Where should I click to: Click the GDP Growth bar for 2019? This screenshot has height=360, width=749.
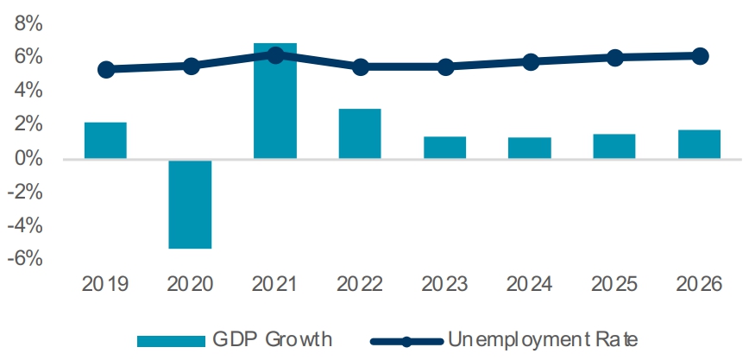pyautogui.click(x=105, y=141)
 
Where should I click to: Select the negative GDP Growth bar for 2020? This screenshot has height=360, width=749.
pyautogui.click(x=190, y=204)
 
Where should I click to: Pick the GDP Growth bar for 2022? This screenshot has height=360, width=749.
pyautogui.click(x=360, y=134)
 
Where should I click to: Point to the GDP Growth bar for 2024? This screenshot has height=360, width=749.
pyautogui.click(x=530, y=148)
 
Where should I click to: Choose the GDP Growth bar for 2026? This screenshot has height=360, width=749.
pyautogui.click(x=699, y=144)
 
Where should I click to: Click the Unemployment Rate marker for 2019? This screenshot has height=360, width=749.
pyautogui.click(x=106, y=70)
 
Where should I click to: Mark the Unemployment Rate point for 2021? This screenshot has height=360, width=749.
pyautogui.click(x=275, y=55)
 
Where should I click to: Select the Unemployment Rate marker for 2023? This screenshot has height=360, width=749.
pyautogui.click(x=445, y=66)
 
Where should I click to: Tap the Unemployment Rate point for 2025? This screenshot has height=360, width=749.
pyautogui.click(x=614, y=58)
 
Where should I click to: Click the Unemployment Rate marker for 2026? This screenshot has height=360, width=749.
pyautogui.click(x=700, y=56)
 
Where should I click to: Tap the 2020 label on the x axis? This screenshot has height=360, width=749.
pyautogui.click(x=190, y=284)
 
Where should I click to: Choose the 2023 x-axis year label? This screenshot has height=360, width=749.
pyautogui.click(x=445, y=284)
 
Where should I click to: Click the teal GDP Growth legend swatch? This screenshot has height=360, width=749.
pyautogui.click(x=167, y=339)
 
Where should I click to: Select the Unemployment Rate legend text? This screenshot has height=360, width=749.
pyautogui.click(x=543, y=339)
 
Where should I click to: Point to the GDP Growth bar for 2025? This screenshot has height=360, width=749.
pyautogui.click(x=614, y=146)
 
